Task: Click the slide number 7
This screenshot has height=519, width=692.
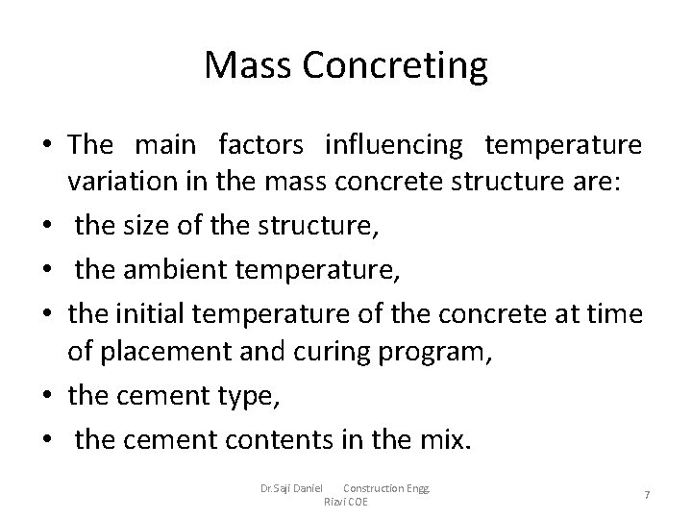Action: pyautogui.click(x=647, y=494)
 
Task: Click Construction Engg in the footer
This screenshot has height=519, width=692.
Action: pyautogui.click(x=387, y=488)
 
